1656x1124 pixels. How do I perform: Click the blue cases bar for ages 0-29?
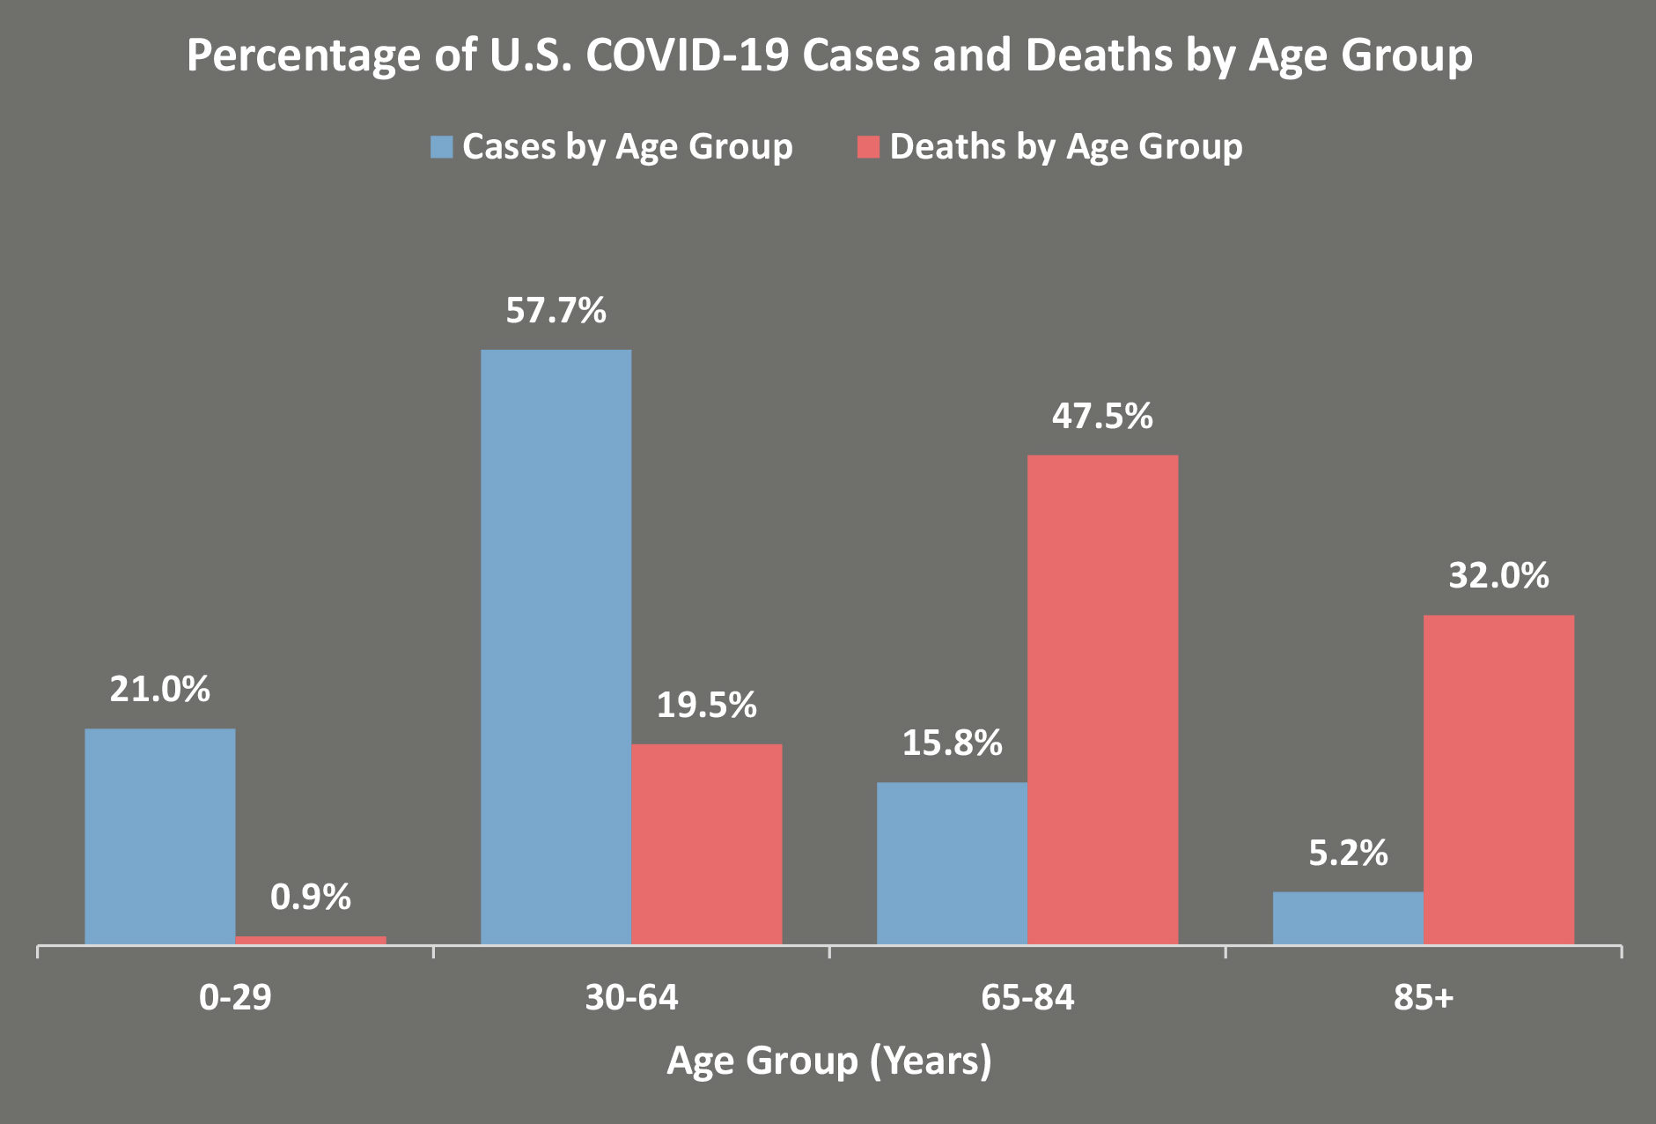(x=160, y=836)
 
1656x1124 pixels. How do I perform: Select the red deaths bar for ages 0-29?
(x=311, y=940)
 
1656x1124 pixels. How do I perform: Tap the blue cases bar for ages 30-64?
(x=556, y=647)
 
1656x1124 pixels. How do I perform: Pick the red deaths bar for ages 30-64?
(x=707, y=844)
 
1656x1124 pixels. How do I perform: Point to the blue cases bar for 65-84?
(x=952, y=863)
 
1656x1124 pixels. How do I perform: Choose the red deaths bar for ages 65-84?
(x=1102, y=699)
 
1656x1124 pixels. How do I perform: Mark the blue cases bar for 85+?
(x=1348, y=918)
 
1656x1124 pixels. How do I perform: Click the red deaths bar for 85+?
(x=1498, y=780)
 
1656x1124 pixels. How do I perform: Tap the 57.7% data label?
(x=556, y=311)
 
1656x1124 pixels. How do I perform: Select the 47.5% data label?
(x=1102, y=417)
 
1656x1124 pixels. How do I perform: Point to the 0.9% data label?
(x=311, y=898)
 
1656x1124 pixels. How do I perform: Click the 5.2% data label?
(x=1348, y=854)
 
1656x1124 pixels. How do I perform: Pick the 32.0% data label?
(x=1498, y=576)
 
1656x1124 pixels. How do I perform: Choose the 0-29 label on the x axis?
(x=235, y=998)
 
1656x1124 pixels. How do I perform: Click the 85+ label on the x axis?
(x=1424, y=998)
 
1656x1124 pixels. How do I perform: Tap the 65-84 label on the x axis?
(x=1027, y=998)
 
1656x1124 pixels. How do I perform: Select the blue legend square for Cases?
(x=441, y=147)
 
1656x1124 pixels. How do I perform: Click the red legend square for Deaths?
(x=868, y=147)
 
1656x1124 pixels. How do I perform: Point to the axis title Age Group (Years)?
(x=828, y=1061)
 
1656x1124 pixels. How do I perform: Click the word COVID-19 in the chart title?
(x=688, y=55)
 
